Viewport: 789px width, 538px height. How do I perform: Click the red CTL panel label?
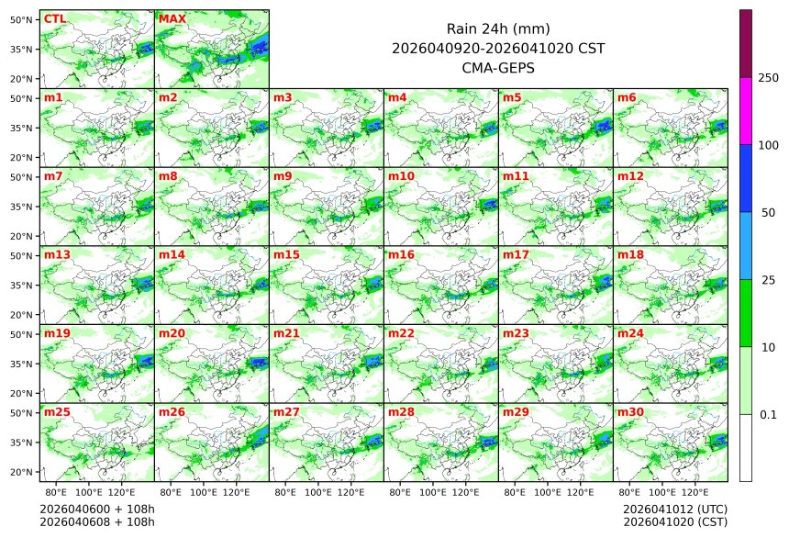54,18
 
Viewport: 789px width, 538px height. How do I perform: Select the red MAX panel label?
172,18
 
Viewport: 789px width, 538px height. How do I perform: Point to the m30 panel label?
629,412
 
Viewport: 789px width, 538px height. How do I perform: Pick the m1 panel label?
53,97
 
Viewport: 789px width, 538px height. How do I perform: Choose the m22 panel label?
399,333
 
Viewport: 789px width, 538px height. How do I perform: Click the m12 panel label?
629,175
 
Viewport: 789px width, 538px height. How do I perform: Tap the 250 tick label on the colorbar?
768,78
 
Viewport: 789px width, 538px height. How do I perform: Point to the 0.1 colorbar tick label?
768,415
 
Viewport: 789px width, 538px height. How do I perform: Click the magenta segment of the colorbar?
746,111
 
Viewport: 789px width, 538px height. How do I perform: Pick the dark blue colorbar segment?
746,178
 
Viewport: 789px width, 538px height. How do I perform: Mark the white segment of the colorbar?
746,447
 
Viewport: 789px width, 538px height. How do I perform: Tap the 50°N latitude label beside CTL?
22,18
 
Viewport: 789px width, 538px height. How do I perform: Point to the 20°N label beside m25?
22,472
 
